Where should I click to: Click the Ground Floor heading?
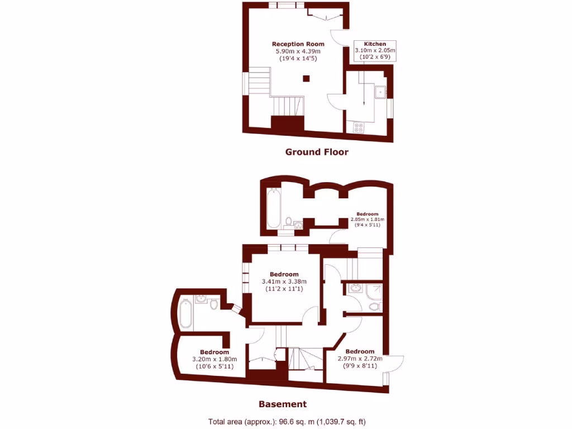pyautogui.click(x=317, y=152)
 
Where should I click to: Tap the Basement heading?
pyautogui.click(x=282, y=404)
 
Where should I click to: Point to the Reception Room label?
pyautogui.click(x=298, y=44)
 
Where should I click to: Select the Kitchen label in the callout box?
pyautogui.click(x=375, y=44)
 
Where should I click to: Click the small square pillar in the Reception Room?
pyautogui.click(x=306, y=79)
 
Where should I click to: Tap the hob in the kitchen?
pyautogui.click(x=359, y=127)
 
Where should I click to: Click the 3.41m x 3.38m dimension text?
pyautogui.click(x=284, y=282)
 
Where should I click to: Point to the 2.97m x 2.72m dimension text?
pyautogui.click(x=360, y=359)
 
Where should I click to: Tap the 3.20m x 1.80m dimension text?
pyautogui.click(x=214, y=359)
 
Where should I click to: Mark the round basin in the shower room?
pyautogui.click(x=355, y=289)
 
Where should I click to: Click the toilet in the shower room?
pyautogui.click(x=374, y=307)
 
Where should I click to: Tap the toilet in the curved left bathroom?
pyautogui.click(x=214, y=303)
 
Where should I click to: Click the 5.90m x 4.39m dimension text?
pyautogui.click(x=298, y=51)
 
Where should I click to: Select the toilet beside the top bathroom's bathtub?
pyautogui.click(x=288, y=222)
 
